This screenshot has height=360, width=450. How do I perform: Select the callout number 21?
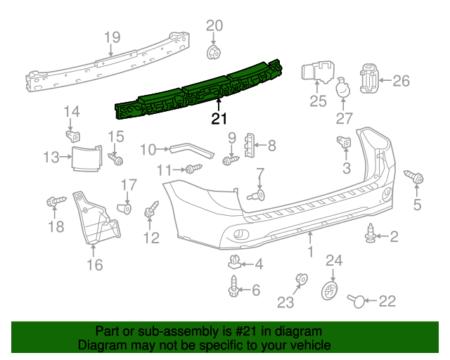click(x=219, y=120)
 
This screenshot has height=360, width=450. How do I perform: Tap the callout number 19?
click(x=112, y=37)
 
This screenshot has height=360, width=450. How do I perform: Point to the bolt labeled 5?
click(x=414, y=177)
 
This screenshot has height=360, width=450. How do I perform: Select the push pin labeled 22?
click(x=358, y=302)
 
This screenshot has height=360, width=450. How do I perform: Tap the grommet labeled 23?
click(x=300, y=279)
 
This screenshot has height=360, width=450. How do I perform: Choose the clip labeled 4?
click(x=234, y=264)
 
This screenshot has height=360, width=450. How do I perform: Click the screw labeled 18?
click(x=55, y=203)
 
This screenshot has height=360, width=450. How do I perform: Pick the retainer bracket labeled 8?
click(x=250, y=146)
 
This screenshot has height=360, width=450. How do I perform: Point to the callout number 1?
click(x=309, y=252)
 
